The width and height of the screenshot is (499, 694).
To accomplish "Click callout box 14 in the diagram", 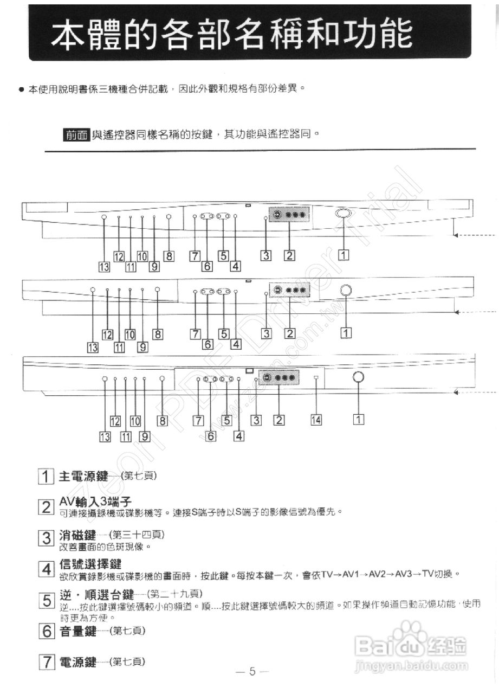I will click(316, 419).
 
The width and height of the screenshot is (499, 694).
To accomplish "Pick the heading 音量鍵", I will click(77, 631).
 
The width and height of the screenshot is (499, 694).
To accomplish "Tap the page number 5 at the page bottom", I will click(252, 671).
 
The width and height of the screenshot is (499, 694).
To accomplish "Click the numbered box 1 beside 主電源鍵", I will click(46, 477).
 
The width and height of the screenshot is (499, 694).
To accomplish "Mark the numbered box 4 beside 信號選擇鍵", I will click(46, 569).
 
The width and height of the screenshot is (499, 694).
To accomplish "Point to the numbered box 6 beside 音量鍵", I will click(46, 631).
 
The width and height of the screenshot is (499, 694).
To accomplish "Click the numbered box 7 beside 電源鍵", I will click(46, 662).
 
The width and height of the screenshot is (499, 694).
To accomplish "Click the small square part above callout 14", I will click(317, 377).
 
